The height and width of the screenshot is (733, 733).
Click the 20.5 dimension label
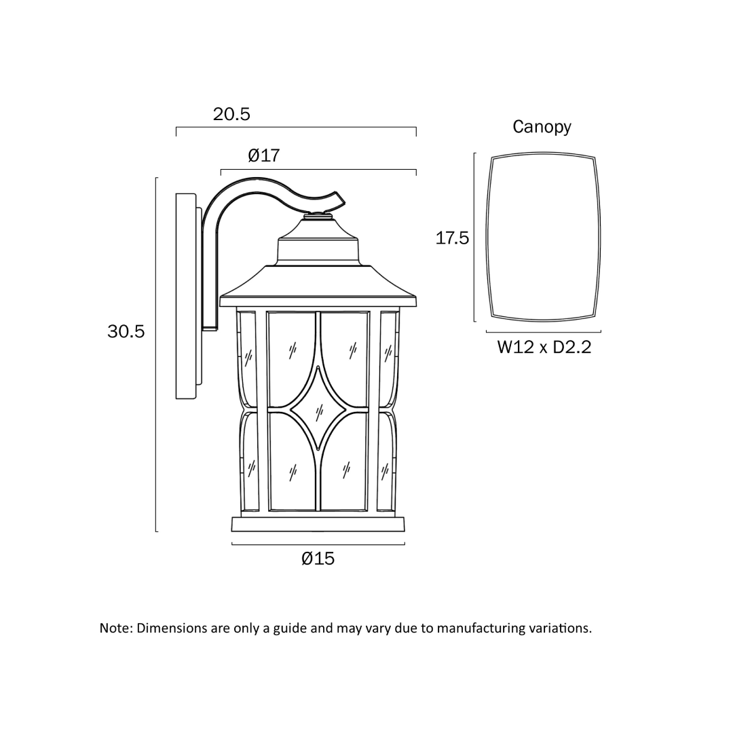[231, 114]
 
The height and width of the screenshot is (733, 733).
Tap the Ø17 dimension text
[263, 155]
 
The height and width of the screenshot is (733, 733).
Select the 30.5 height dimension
[126, 331]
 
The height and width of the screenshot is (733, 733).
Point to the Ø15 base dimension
[318, 558]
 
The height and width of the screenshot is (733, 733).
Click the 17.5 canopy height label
[452, 238]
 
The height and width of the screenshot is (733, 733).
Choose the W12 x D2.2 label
[544, 347]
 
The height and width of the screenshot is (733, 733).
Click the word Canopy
[542, 127]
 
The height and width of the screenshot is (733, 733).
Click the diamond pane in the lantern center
[318, 408]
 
